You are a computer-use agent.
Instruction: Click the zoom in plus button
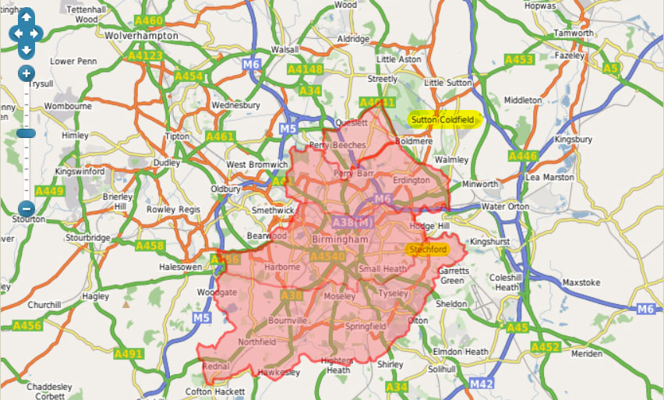pos(26,73)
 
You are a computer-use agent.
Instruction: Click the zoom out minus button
pos(26,208)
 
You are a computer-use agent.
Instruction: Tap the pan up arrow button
pos(26,17)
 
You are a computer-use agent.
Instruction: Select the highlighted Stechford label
pos(428,250)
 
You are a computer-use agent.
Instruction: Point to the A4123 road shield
pos(146,56)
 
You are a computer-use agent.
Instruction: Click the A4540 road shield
pos(326,256)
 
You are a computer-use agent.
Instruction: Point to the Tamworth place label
pos(573,34)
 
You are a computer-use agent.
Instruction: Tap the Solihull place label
pos(447,367)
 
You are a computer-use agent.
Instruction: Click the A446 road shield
pos(523,157)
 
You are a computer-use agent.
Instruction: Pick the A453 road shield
pos(519,60)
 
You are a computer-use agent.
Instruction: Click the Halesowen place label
pos(181,267)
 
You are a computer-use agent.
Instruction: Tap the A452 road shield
pos(546,347)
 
